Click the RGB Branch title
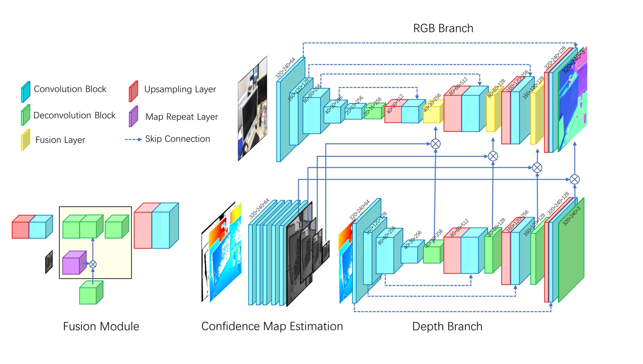[443, 28]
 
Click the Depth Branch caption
[447, 327]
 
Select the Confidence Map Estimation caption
[272, 327]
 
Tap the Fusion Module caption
[101, 327]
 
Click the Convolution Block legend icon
[26, 92]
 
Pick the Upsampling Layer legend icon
[133, 91]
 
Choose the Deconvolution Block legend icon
[25, 115]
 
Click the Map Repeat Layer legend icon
[133, 117]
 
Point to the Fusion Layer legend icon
[25, 140]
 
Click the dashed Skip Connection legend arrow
[133, 140]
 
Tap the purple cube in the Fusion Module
[74, 263]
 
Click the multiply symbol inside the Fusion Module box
[93, 264]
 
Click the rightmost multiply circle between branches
[574, 180]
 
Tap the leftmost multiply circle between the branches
[435, 144]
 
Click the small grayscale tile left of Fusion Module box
[49, 262]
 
